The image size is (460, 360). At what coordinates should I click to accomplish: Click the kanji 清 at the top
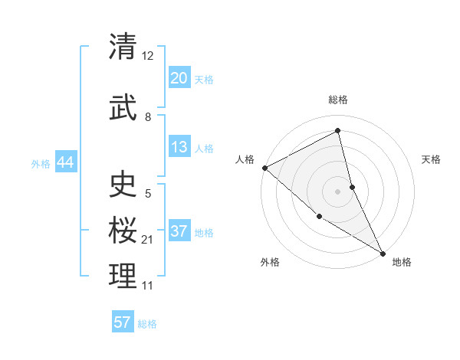pos(123,46)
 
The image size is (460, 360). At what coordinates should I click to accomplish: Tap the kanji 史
pos(123,184)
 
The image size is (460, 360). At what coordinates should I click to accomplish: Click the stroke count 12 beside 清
pos(148,56)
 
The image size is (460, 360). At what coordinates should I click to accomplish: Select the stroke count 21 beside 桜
pos(148,240)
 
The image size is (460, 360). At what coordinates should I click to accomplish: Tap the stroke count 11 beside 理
pos(148,286)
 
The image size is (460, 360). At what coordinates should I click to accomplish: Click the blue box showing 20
pos(179,78)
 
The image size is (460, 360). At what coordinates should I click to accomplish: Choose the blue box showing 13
pos(179,147)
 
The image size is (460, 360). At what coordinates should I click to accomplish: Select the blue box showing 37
pos(179,231)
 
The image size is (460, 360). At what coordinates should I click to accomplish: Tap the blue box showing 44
pos(65,162)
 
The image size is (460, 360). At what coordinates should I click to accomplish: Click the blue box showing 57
pos(123,322)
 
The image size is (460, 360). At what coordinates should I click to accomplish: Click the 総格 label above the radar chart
pos(337,100)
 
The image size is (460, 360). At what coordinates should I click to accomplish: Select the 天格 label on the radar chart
pos(432,159)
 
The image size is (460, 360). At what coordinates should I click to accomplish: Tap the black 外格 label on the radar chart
pos(270,262)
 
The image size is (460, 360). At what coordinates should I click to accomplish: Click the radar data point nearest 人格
pos(264,168)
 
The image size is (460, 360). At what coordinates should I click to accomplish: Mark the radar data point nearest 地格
pos(383,253)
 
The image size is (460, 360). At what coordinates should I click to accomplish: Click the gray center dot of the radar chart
pos(337,191)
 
